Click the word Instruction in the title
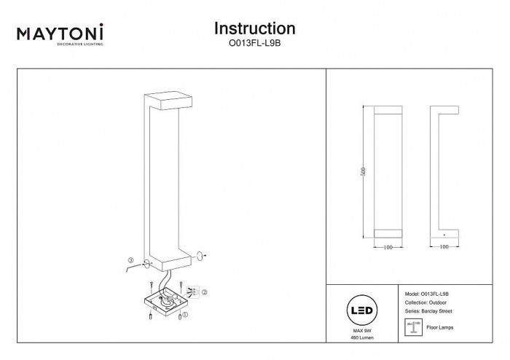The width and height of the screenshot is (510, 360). click(254, 28)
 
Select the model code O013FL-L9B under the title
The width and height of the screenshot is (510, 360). click(254, 44)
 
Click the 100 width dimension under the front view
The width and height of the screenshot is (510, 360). click(388, 248)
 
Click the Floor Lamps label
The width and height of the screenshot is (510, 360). click(439, 328)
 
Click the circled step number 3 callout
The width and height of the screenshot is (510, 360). click(130, 260)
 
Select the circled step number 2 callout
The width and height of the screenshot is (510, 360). click(205, 292)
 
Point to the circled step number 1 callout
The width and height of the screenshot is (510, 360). click(185, 316)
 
